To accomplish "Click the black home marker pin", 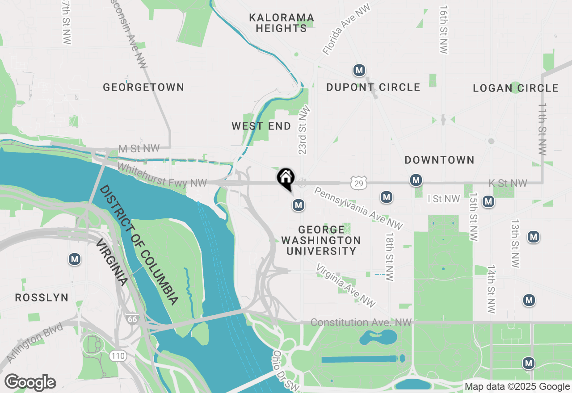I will [x=286, y=179].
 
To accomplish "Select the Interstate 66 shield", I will [x=132, y=319].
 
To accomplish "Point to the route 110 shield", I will [x=118, y=356].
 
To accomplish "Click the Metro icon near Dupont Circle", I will [x=359, y=70].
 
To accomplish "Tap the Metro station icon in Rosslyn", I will [x=75, y=259].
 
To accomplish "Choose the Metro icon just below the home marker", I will [x=298, y=205].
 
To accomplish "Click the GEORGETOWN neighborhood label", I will [x=143, y=87].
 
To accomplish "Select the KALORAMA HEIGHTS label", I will [x=282, y=23].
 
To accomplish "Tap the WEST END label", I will [x=261, y=126].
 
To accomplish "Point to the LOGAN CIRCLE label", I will [x=516, y=88].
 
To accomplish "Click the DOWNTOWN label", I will [x=439, y=160].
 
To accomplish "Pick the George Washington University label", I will [x=321, y=240].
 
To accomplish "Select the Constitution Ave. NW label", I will [x=361, y=322].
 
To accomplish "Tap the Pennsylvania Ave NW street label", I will [x=358, y=209].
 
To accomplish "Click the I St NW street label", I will [x=443, y=199].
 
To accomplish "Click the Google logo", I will [x=30, y=382].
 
